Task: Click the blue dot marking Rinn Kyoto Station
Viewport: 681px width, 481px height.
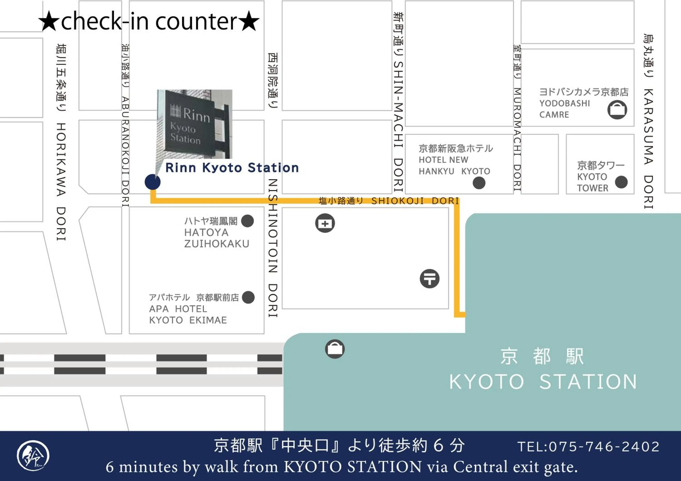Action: pos(153,182)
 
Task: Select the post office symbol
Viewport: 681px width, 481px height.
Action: pos(429,279)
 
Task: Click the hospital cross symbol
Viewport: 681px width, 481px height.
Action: pos(325,223)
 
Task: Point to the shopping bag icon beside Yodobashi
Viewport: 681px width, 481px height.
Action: pos(617,110)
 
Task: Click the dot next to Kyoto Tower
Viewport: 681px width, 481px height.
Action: pos(621,182)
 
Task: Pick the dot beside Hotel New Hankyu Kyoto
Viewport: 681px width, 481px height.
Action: pos(479,183)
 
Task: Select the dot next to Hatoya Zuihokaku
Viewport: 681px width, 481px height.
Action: pos(247,221)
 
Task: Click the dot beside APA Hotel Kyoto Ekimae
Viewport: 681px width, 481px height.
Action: pos(248,297)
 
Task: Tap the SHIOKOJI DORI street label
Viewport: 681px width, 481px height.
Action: pos(415,201)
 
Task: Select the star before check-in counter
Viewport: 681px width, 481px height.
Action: pos(49,21)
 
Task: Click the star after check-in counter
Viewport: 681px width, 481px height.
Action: pos(249,21)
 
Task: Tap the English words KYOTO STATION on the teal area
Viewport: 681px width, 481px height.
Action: pos(543,382)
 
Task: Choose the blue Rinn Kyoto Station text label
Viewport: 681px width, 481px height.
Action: pos(232,168)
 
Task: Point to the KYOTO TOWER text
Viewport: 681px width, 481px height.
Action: pos(592,182)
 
